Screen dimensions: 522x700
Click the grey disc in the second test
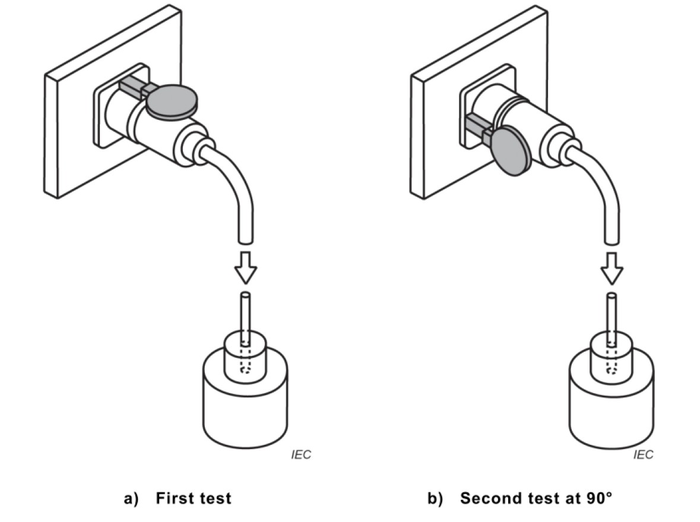[x=510, y=151]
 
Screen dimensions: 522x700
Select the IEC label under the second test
[x=644, y=455]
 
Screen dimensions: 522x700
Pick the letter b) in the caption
[x=435, y=498]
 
